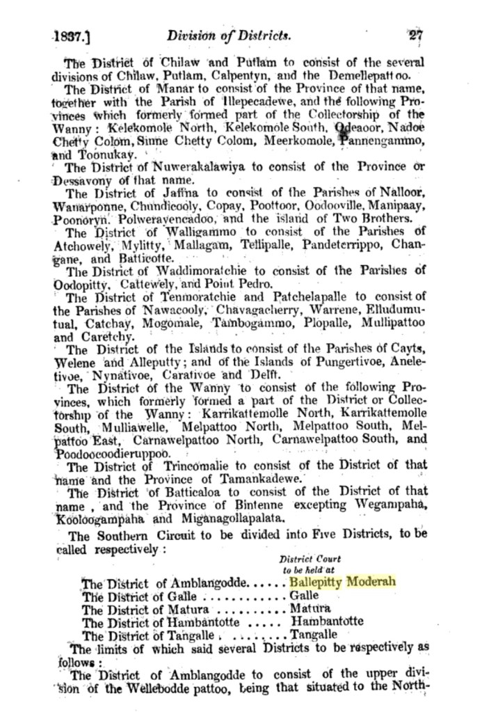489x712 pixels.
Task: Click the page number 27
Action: coord(416,35)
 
